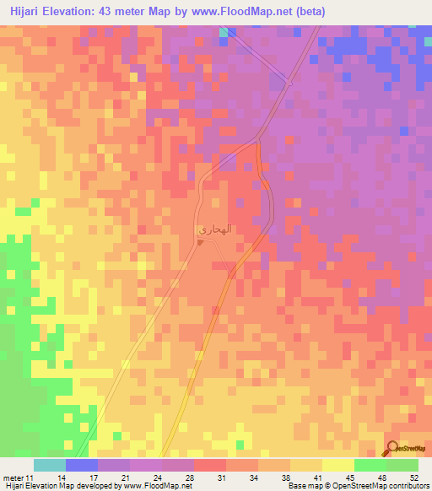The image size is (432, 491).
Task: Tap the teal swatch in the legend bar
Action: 50,465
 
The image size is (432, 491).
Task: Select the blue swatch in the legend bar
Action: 82,465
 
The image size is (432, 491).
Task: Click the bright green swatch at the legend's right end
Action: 402,465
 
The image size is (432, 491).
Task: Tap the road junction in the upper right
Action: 289,82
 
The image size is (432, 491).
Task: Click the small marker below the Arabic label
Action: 200,241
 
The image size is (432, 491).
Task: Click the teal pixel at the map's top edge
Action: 224,31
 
